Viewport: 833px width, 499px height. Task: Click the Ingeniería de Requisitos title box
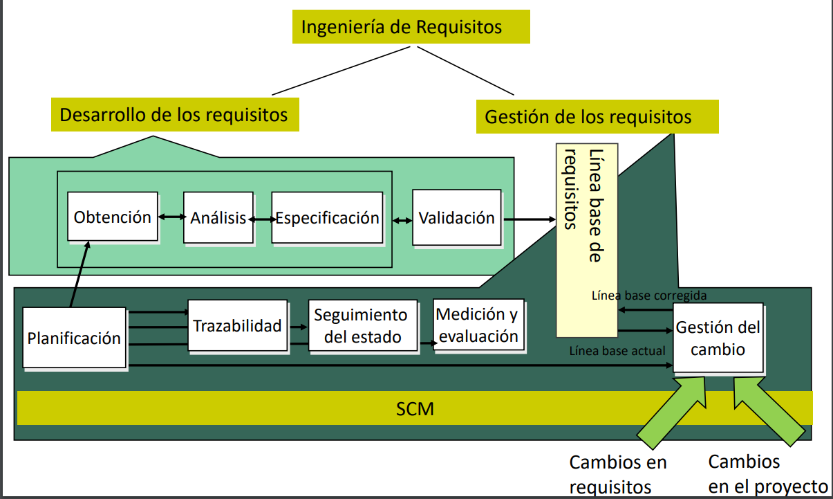(x=411, y=27)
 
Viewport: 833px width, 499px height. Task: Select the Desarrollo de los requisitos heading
(x=174, y=114)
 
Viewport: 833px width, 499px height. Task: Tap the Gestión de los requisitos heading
(x=597, y=116)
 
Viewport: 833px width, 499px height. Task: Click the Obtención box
(x=113, y=217)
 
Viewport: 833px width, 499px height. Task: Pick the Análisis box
(x=218, y=218)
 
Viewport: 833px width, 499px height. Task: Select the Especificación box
(x=327, y=218)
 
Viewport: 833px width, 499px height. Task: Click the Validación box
(x=456, y=218)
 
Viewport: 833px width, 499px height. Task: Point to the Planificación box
(x=74, y=338)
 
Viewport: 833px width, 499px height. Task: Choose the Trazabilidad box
(x=237, y=326)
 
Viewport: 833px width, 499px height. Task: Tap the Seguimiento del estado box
(x=362, y=326)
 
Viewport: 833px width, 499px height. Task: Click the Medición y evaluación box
(x=478, y=325)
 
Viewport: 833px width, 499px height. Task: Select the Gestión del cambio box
(x=718, y=338)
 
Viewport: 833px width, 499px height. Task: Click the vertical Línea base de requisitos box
(x=587, y=239)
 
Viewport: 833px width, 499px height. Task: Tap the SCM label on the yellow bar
(x=415, y=408)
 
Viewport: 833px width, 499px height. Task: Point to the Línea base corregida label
(x=649, y=296)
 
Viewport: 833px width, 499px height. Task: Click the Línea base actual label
(x=617, y=351)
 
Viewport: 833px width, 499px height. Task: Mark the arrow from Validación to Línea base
(x=529, y=219)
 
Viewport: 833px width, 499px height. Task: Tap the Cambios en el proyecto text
(x=767, y=474)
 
